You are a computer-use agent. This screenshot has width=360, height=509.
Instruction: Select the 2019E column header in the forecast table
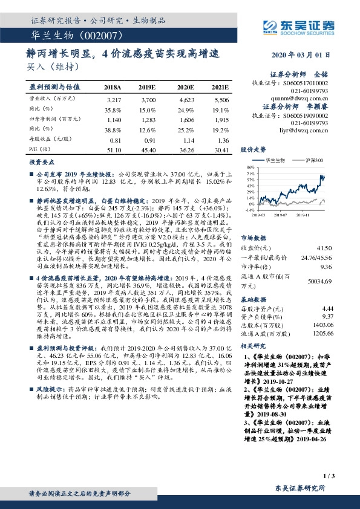pyautogui.click(x=147, y=87)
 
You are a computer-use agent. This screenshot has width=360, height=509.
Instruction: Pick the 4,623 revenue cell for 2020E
pyautogui.click(x=185, y=98)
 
